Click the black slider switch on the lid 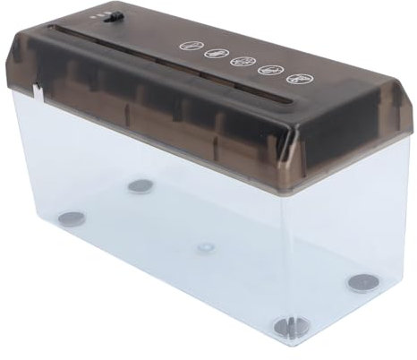(x=111, y=16)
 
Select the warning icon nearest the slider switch (x=189, y=44)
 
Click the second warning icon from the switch (x=216, y=53)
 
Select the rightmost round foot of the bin (x=363, y=283)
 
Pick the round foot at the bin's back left (x=140, y=186)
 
